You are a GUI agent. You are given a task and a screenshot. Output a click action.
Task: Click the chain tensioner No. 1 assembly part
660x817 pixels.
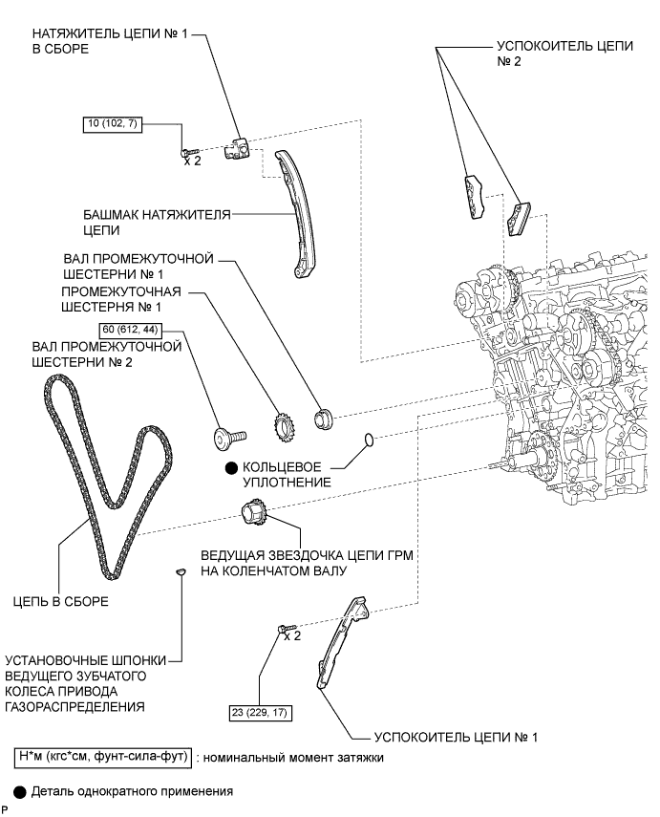(237, 148)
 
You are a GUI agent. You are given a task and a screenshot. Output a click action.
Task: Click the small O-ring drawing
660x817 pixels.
(369, 440)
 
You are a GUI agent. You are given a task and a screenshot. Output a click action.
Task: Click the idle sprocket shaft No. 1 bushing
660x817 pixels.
(324, 419)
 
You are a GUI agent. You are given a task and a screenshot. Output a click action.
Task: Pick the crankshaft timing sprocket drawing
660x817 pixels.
(255, 514)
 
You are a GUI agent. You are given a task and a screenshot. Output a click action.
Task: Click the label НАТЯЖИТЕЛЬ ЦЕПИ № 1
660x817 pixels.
(110, 34)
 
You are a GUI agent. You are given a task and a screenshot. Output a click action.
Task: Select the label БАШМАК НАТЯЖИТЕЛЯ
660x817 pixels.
(157, 215)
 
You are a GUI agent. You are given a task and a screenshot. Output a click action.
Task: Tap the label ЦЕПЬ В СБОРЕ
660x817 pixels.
(61, 601)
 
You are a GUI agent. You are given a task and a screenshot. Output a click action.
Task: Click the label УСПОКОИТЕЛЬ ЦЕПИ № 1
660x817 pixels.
(456, 737)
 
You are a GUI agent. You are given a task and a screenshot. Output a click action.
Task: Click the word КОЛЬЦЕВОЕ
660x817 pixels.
(282, 467)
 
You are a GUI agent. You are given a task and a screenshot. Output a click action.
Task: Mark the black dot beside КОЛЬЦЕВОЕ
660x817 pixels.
(231, 468)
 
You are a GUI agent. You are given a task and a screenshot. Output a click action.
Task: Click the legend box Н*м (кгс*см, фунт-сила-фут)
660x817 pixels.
(103, 757)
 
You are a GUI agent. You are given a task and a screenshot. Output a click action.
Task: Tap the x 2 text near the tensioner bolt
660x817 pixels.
(192, 161)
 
